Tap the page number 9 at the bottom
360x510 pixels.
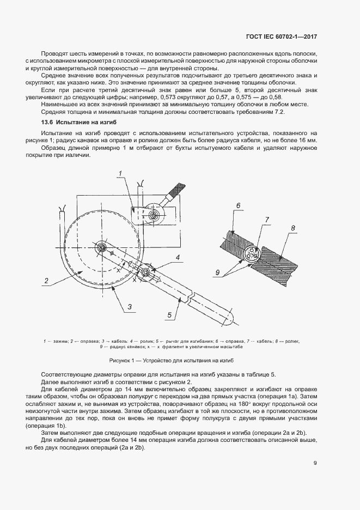pos(315,464)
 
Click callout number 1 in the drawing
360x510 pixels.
pos(118,173)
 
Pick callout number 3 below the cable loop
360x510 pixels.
pos(130,307)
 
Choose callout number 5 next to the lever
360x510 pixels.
pos(170,314)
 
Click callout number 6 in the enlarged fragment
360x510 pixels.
pos(239,205)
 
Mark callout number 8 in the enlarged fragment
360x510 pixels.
pos(293,228)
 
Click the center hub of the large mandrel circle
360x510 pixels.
pos(101,248)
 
